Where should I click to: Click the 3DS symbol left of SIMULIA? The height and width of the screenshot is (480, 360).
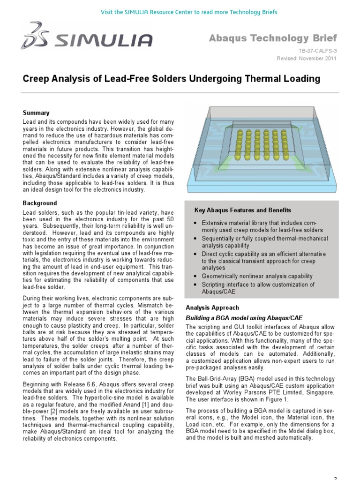pyautogui.click(x=36, y=36)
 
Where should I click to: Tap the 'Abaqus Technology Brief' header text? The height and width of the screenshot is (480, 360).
pyautogui.click(x=272, y=38)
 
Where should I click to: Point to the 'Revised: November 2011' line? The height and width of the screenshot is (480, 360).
pyautogui.click(x=307, y=58)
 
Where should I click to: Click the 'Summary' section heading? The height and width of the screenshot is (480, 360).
pyautogui.click(x=36, y=113)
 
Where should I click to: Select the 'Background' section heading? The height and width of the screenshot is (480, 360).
pyautogui.click(x=40, y=203)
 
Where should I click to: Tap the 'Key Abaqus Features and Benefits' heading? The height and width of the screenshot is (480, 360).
pyautogui.click(x=243, y=210)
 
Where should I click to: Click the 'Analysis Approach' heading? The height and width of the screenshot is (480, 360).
pyautogui.click(x=212, y=308)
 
